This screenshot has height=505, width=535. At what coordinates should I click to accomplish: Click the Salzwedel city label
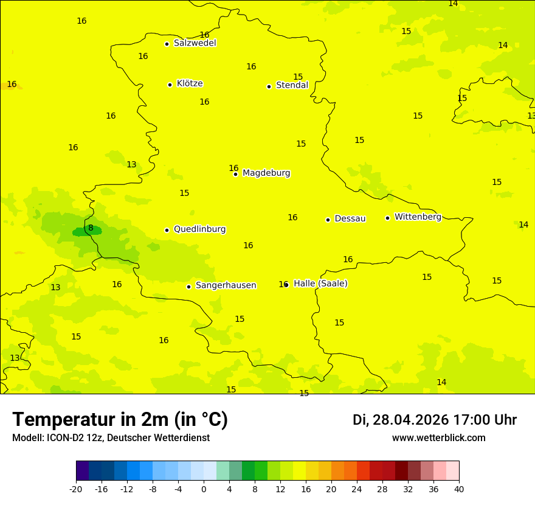pyautogui.click(x=195, y=43)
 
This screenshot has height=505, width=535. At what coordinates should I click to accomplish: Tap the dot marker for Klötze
pyautogui.click(x=170, y=85)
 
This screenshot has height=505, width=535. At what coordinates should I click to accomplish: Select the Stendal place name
pyautogui.click(x=292, y=86)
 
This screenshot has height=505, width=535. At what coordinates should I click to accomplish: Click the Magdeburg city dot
pyautogui.click(x=235, y=174)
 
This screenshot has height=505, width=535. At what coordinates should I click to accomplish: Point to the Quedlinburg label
pyautogui.click(x=199, y=229)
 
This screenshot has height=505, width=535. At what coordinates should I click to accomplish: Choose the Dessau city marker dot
pyautogui.click(x=328, y=220)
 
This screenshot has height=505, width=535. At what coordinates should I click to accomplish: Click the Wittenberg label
pyautogui.click(x=418, y=217)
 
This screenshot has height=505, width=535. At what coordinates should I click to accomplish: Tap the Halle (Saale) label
pyautogui.click(x=320, y=284)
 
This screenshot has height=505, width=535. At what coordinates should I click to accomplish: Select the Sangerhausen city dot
pyautogui.click(x=188, y=287)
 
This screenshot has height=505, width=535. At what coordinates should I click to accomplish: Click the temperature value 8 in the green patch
pyautogui.click(x=91, y=228)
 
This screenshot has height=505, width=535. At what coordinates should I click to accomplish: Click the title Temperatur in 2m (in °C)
pyautogui.click(x=120, y=419)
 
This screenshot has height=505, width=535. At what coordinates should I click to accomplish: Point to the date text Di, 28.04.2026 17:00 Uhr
pyautogui.click(x=434, y=420)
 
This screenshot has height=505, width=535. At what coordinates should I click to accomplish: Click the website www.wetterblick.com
pyautogui.click(x=438, y=438)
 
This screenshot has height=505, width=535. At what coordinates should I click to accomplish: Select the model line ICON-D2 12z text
pyautogui.click(x=111, y=438)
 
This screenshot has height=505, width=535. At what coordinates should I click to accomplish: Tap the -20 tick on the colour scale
pyautogui.click(x=76, y=489)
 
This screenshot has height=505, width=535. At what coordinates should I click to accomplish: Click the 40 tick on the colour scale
pyautogui.click(x=459, y=489)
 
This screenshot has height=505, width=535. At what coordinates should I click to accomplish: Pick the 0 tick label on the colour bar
pyautogui.click(x=204, y=489)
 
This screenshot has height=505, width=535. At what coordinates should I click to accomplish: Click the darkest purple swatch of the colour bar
pyautogui.click(x=82, y=471)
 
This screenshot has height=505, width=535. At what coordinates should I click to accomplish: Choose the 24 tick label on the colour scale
pyautogui.click(x=357, y=489)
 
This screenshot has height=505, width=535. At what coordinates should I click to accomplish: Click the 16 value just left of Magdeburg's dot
pyautogui.click(x=233, y=169)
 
